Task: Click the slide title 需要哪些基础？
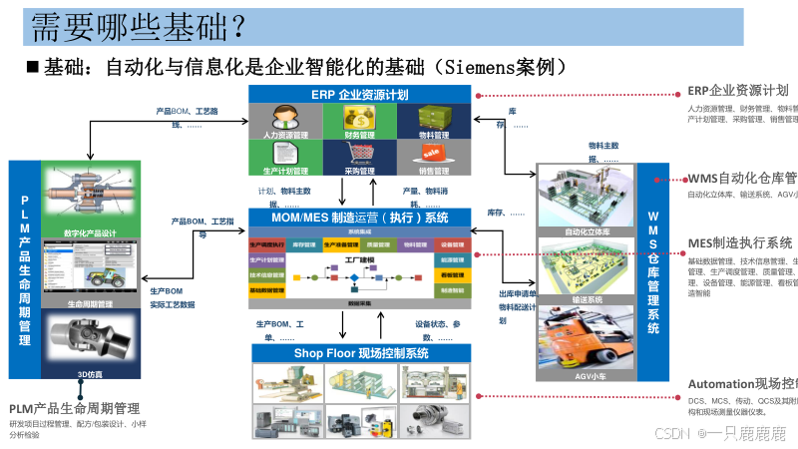pyautogui.click(x=135, y=27)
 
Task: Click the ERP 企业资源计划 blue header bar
pyautogui.click(x=359, y=94)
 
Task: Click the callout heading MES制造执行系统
pyautogui.click(x=739, y=242)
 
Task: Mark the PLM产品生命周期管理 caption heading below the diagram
pyautogui.click(x=74, y=408)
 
